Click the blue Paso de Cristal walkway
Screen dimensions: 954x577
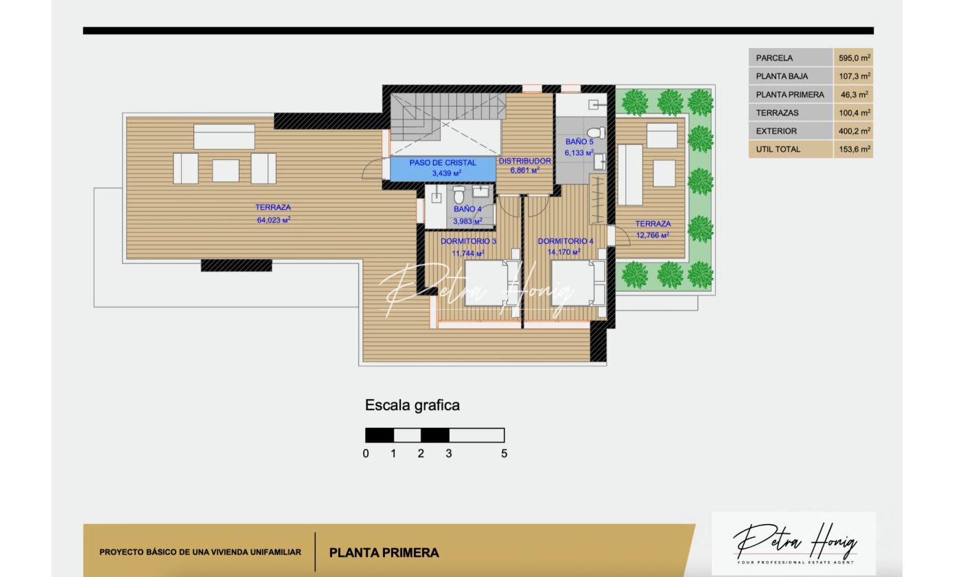(x=443, y=169)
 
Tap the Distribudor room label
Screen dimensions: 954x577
(x=524, y=161)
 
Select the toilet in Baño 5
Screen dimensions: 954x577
(x=596, y=133)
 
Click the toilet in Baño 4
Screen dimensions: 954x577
(x=458, y=195)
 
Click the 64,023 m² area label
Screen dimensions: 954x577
(x=273, y=220)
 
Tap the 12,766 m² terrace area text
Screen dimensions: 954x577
(x=653, y=235)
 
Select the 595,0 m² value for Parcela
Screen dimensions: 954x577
(x=854, y=58)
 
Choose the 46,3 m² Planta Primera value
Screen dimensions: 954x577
(x=854, y=95)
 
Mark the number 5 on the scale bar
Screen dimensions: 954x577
(x=504, y=453)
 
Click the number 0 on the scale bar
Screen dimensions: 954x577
(x=365, y=453)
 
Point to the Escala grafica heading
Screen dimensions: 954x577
(x=412, y=405)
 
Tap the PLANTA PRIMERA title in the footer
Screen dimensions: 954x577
(x=384, y=553)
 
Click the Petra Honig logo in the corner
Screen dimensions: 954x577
(x=794, y=544)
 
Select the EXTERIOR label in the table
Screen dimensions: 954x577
(x=776, y=131)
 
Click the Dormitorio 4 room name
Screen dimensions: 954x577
(x=565, y=241)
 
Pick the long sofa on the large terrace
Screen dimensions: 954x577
(x=224, y=137)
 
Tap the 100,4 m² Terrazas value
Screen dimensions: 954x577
(x=854, y=113)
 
